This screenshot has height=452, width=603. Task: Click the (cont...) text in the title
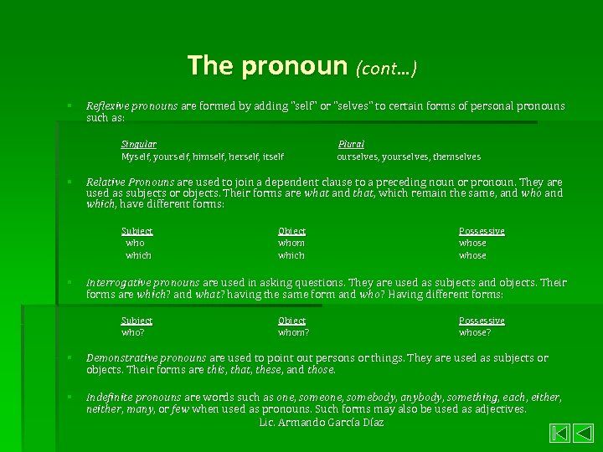pos(386,68)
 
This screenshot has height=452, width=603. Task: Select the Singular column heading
pos(138,144)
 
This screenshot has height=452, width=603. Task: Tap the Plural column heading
pos(351,144)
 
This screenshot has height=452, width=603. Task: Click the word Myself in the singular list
pos(137,157)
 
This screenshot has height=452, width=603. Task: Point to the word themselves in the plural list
pos(456,157)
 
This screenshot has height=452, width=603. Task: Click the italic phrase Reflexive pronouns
pos(132,106)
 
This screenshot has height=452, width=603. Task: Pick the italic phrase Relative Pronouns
pos(131,182)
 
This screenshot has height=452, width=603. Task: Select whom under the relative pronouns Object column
pos(291,243)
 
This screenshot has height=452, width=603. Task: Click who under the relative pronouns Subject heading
pos(135,243)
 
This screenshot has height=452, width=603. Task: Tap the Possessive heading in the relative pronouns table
pos(482,231)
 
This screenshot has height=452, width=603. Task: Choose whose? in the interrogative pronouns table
pos(475,332)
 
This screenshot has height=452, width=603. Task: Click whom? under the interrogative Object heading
pos(293,332)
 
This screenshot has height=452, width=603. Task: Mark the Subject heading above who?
pos(137,321)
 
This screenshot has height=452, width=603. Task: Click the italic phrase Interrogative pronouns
pos(142,283)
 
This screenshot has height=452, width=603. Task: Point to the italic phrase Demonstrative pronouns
pos(147,358)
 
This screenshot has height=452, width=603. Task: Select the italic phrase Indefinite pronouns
pos(134,398)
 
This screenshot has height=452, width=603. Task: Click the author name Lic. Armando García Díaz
pos(322,423)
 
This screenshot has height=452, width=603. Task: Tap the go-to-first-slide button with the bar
pos(559,434)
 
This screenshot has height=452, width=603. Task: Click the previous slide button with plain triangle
pos(582,434)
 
